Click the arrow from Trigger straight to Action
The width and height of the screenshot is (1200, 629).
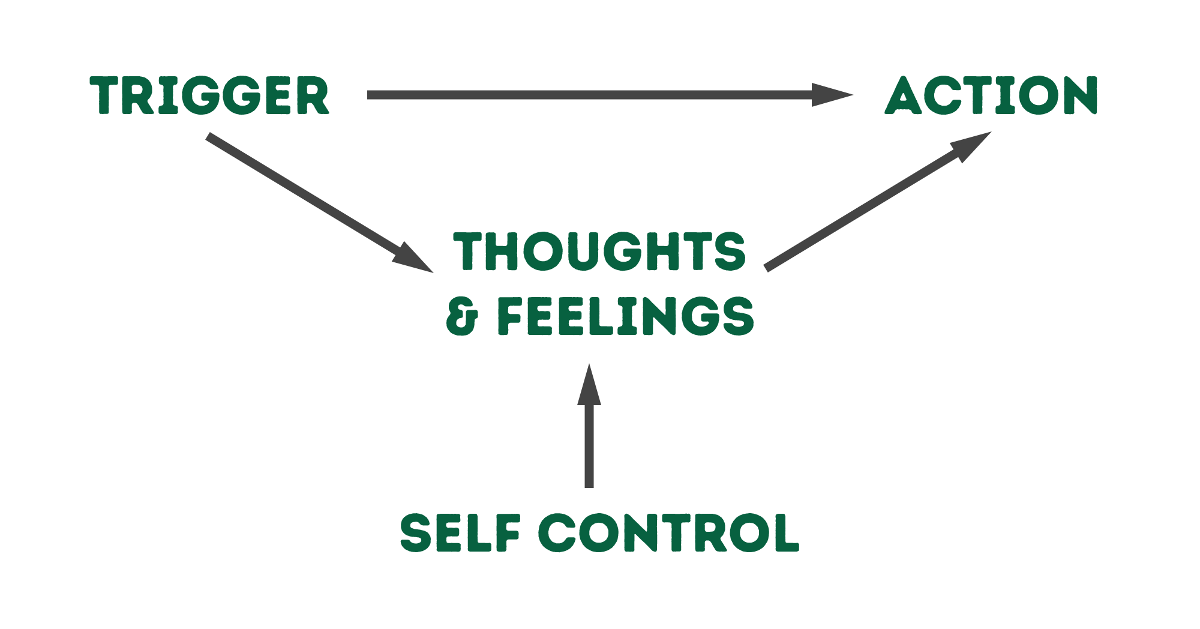(x=600, y=95)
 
